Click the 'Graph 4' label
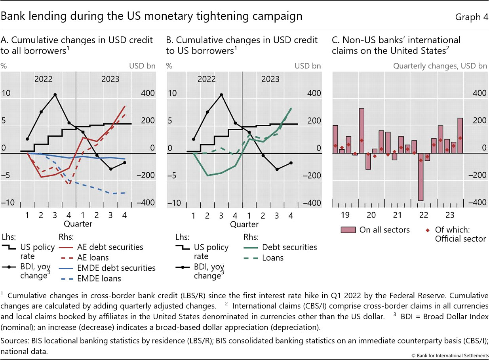[x=471, y=17]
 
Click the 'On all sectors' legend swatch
[x=348, y=230]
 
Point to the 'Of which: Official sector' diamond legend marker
[x=427, y=230]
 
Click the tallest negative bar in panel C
[x=421, y=177]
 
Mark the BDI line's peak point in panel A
[x=55, y=95]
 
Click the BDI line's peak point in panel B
[x=221, y=95]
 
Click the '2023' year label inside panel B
[x=270, y=79]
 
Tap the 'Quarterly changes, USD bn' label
[x=440, y=66]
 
